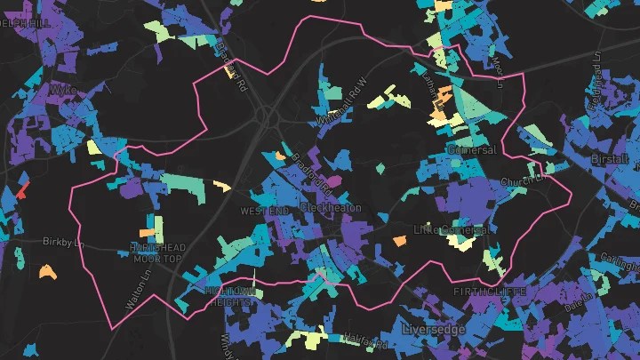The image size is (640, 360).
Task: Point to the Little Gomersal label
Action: [x=452, y=229]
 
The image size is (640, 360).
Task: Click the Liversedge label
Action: [x=433, y=329]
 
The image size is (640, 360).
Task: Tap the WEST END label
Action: [x=265, y=211]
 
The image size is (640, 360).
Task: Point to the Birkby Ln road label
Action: [x=62, y=241]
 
